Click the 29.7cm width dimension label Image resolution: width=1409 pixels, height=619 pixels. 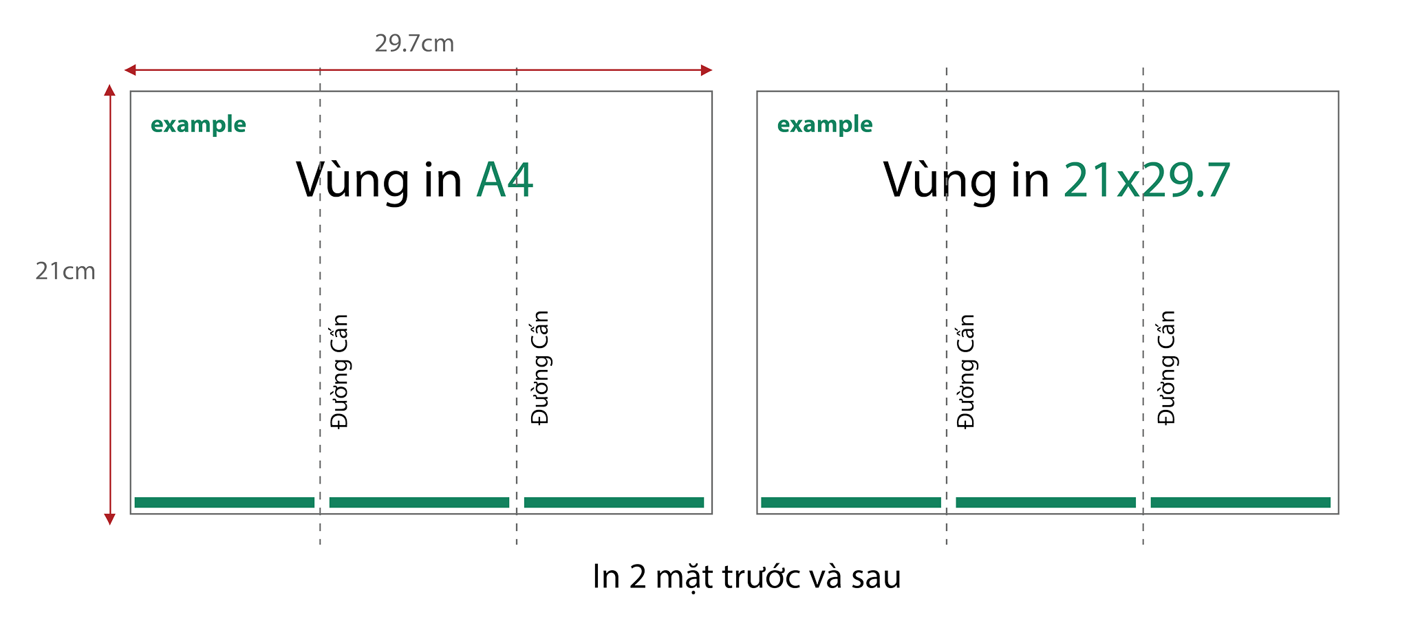(x=414, y=43)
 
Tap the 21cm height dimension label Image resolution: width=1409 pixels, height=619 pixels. (x=65, y=272)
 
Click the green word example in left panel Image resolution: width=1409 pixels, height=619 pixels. (x=198, y=124)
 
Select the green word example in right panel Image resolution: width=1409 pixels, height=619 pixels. (x=824, y=124)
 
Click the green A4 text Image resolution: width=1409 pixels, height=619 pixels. (x=504, y=180)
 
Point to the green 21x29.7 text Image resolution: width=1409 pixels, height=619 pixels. (x=1146, y=180)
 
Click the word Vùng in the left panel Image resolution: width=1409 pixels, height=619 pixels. (x=353, y=180)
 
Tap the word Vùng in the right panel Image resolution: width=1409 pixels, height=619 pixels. (x=940, y=180)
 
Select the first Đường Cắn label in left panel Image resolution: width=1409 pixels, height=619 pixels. (x=339, y=371)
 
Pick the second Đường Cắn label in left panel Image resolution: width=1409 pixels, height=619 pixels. (x=540, y=368)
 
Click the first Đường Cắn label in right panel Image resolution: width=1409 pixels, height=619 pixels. (x=966, y=371)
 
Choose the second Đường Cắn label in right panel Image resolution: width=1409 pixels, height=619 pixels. (x=1167, y=368)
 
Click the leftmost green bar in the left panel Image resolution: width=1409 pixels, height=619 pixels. (x=224, y=503)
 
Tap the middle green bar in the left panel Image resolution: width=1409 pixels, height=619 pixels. (x=419, y=503)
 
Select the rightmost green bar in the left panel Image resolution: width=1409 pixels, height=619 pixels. (x=614, y=503)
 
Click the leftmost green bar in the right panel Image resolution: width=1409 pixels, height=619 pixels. (x=851, y=503)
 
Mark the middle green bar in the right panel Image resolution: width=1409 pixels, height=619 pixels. (x=1046, y=503)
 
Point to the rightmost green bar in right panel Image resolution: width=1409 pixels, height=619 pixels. (x=1240, y=503)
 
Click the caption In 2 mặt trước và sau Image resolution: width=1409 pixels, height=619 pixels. (x=746, y=576)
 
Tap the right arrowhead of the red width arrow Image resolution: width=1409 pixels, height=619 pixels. (x=707, y=70)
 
